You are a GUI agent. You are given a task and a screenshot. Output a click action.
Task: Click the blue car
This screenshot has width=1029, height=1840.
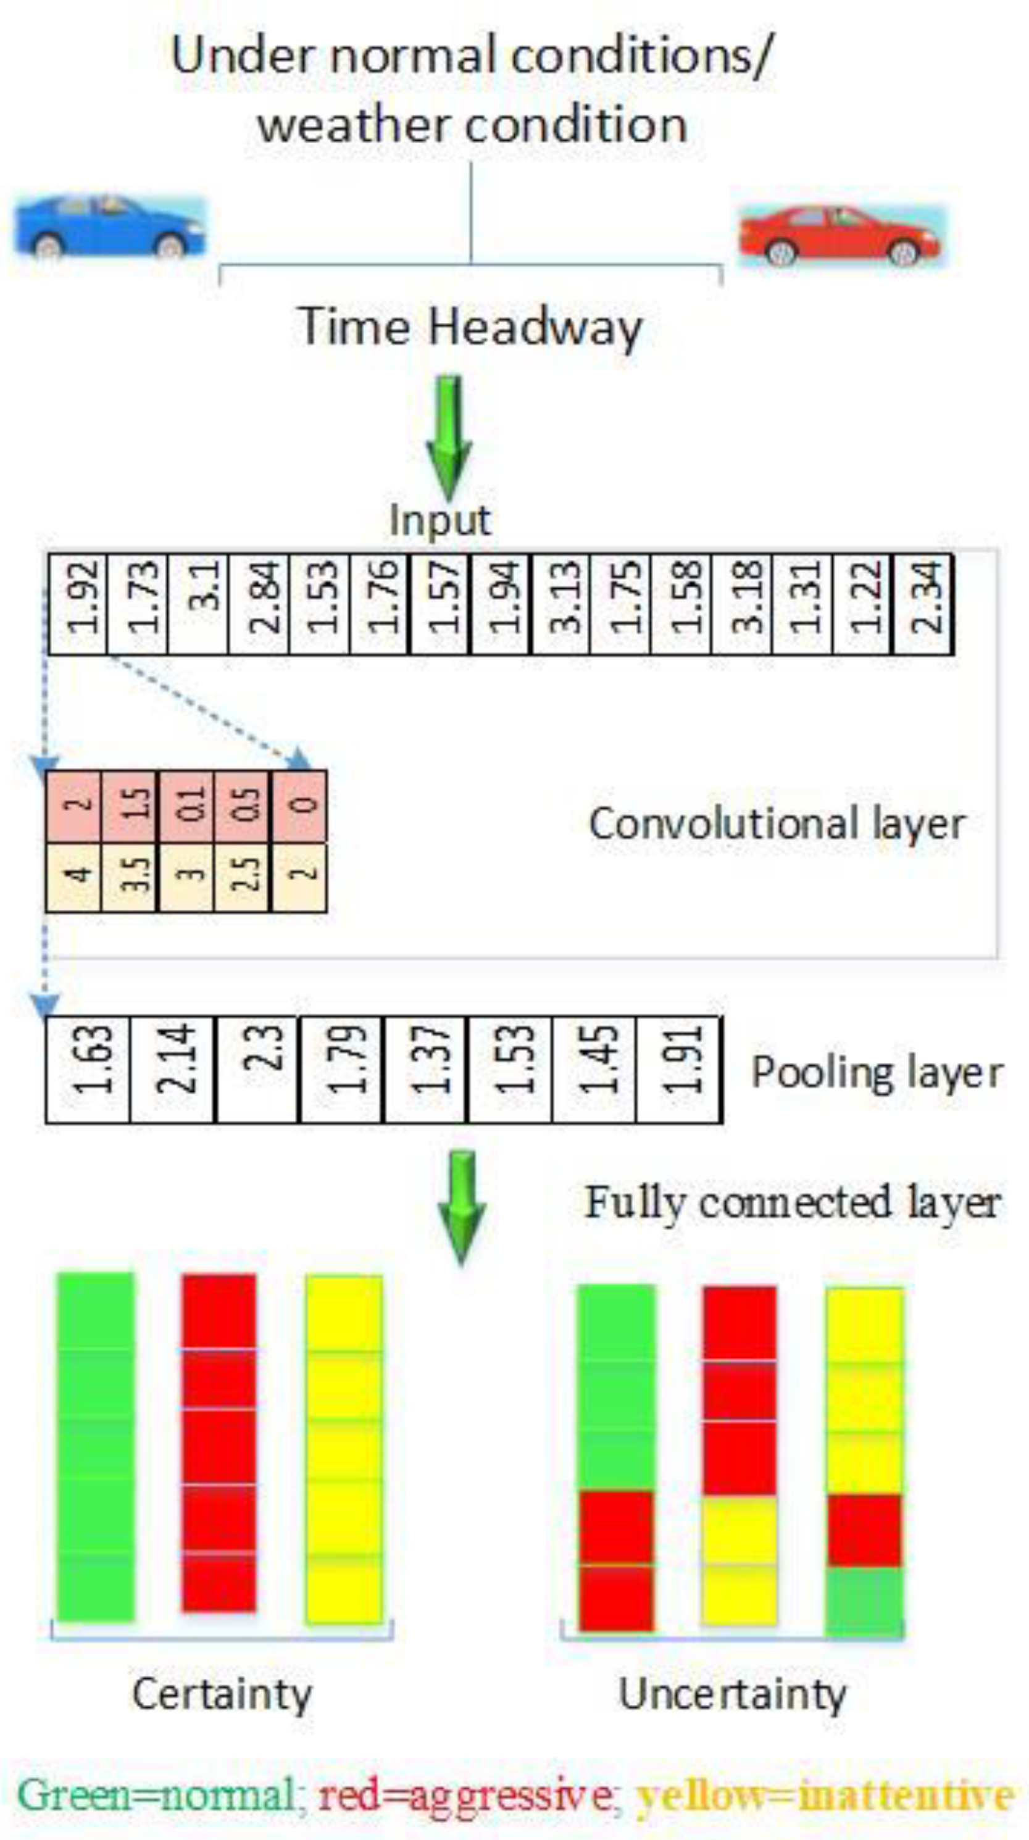[x=110, y=227]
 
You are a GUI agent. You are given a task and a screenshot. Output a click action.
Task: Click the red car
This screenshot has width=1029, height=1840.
[x=841, y=236]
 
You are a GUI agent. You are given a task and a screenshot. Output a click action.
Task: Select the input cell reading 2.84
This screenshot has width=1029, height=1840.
[x=259, y=604]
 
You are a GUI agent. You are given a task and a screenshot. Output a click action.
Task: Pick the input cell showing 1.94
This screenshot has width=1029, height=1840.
[x=501, y=604]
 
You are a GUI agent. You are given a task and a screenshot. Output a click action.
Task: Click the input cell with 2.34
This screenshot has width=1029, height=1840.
[x=923, y=604]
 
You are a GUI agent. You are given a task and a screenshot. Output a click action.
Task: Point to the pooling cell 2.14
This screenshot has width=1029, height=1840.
[x=172, y=1068]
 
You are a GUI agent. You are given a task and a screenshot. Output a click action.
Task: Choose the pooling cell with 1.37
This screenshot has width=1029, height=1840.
[x=425, y=1068]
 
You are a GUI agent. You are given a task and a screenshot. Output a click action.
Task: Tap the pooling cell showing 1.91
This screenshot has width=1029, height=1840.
[x=678, y=1068]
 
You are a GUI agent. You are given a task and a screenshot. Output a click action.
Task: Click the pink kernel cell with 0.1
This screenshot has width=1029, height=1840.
[x=187, y=806]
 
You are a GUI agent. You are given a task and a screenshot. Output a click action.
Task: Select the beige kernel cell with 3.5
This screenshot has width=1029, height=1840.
[x=130, y=877]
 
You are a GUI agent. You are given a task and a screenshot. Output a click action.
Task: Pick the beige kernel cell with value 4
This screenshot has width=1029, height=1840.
[x=73, y=877]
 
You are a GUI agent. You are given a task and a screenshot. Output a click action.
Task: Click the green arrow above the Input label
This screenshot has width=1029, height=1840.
[x=448, y=436]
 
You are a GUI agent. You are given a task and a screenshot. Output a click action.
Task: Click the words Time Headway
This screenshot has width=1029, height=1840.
[x=470, y=327]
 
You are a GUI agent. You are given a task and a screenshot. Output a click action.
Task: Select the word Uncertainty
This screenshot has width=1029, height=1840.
[x=732, y=1694]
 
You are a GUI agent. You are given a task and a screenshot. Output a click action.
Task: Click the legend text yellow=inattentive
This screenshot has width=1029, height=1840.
[x=825, y=1795]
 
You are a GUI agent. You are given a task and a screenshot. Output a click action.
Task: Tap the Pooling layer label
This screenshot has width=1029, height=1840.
[x=877, y=1073]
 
